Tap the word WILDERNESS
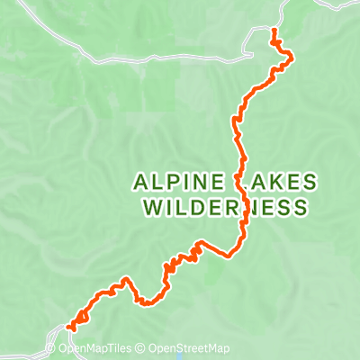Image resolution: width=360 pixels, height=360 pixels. tap(225, 208)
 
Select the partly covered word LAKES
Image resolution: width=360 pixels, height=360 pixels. tap(279, 182)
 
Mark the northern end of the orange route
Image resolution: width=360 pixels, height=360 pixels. tap(274, 31)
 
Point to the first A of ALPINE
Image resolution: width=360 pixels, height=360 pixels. tap(141, 182)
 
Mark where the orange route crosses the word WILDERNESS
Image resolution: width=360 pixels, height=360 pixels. tap(242, 208)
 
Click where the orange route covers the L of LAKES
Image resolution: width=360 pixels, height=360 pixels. tap(240, 182)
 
